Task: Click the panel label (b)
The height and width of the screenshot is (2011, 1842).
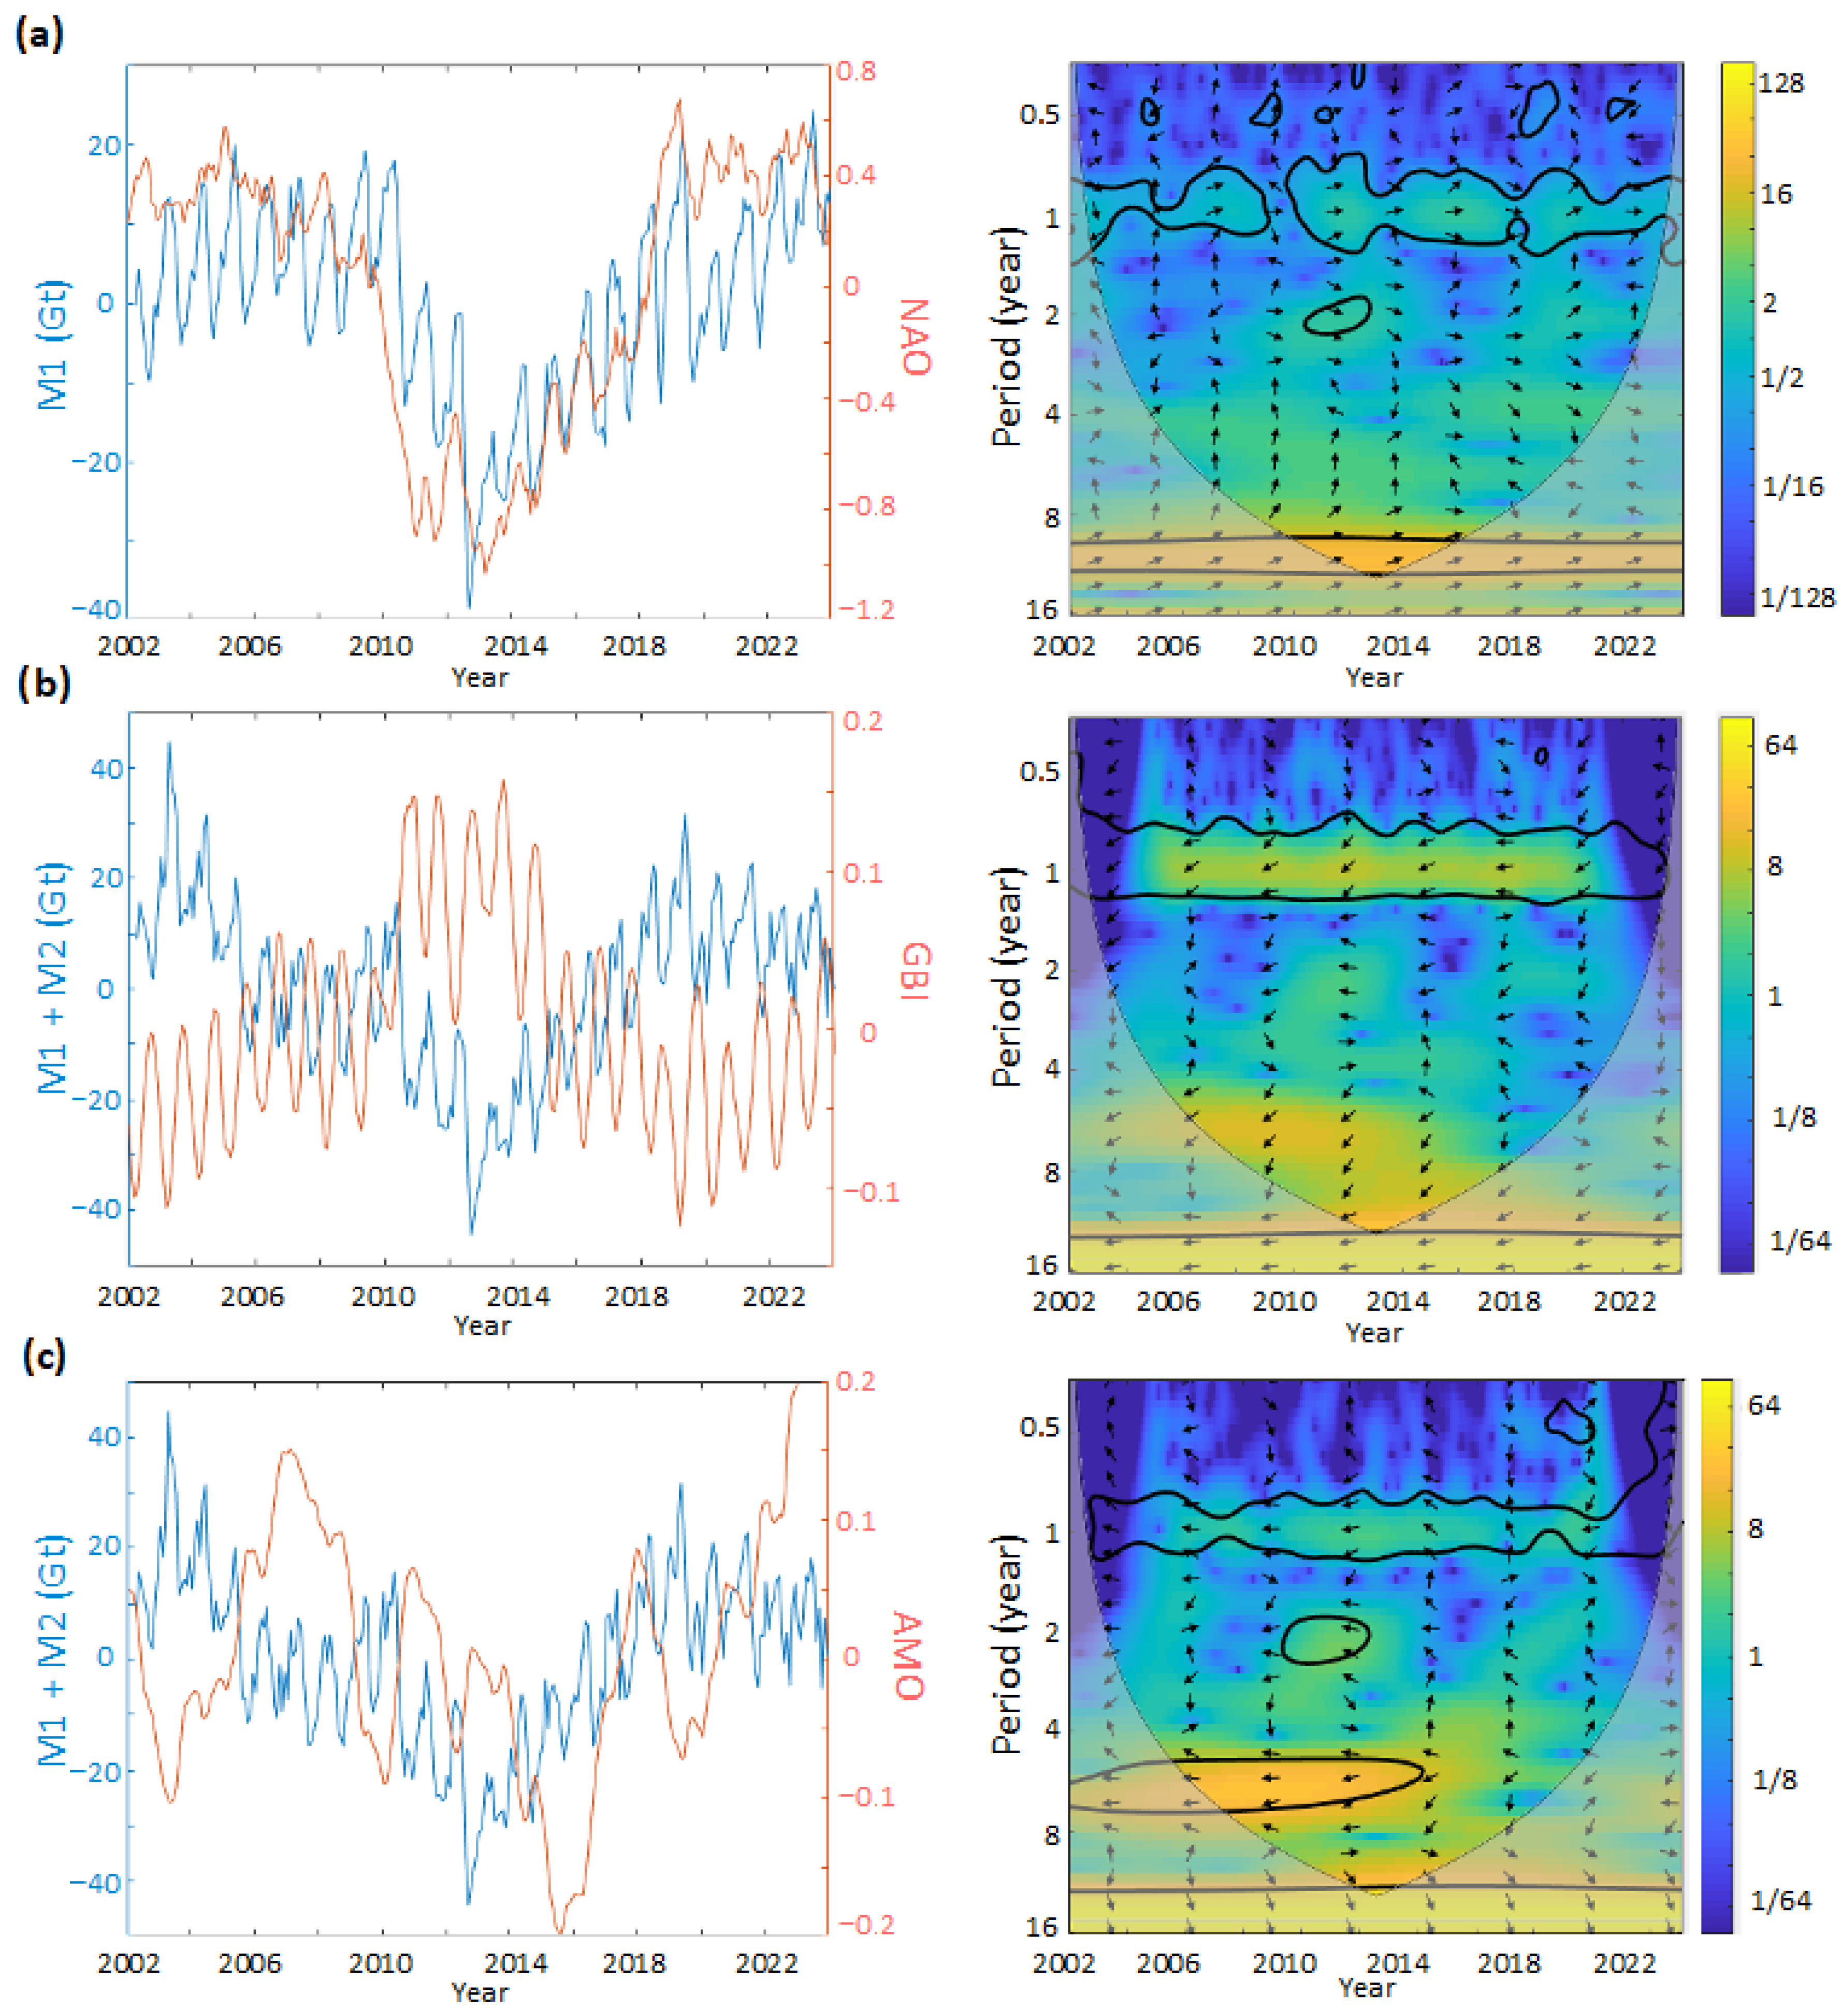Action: pos(44,684)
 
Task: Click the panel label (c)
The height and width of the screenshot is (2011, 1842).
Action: pos(44,1357)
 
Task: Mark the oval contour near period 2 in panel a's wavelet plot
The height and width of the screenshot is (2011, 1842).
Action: pos(1337,315)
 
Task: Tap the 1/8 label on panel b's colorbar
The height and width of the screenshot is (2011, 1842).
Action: pos(1793,1117)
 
